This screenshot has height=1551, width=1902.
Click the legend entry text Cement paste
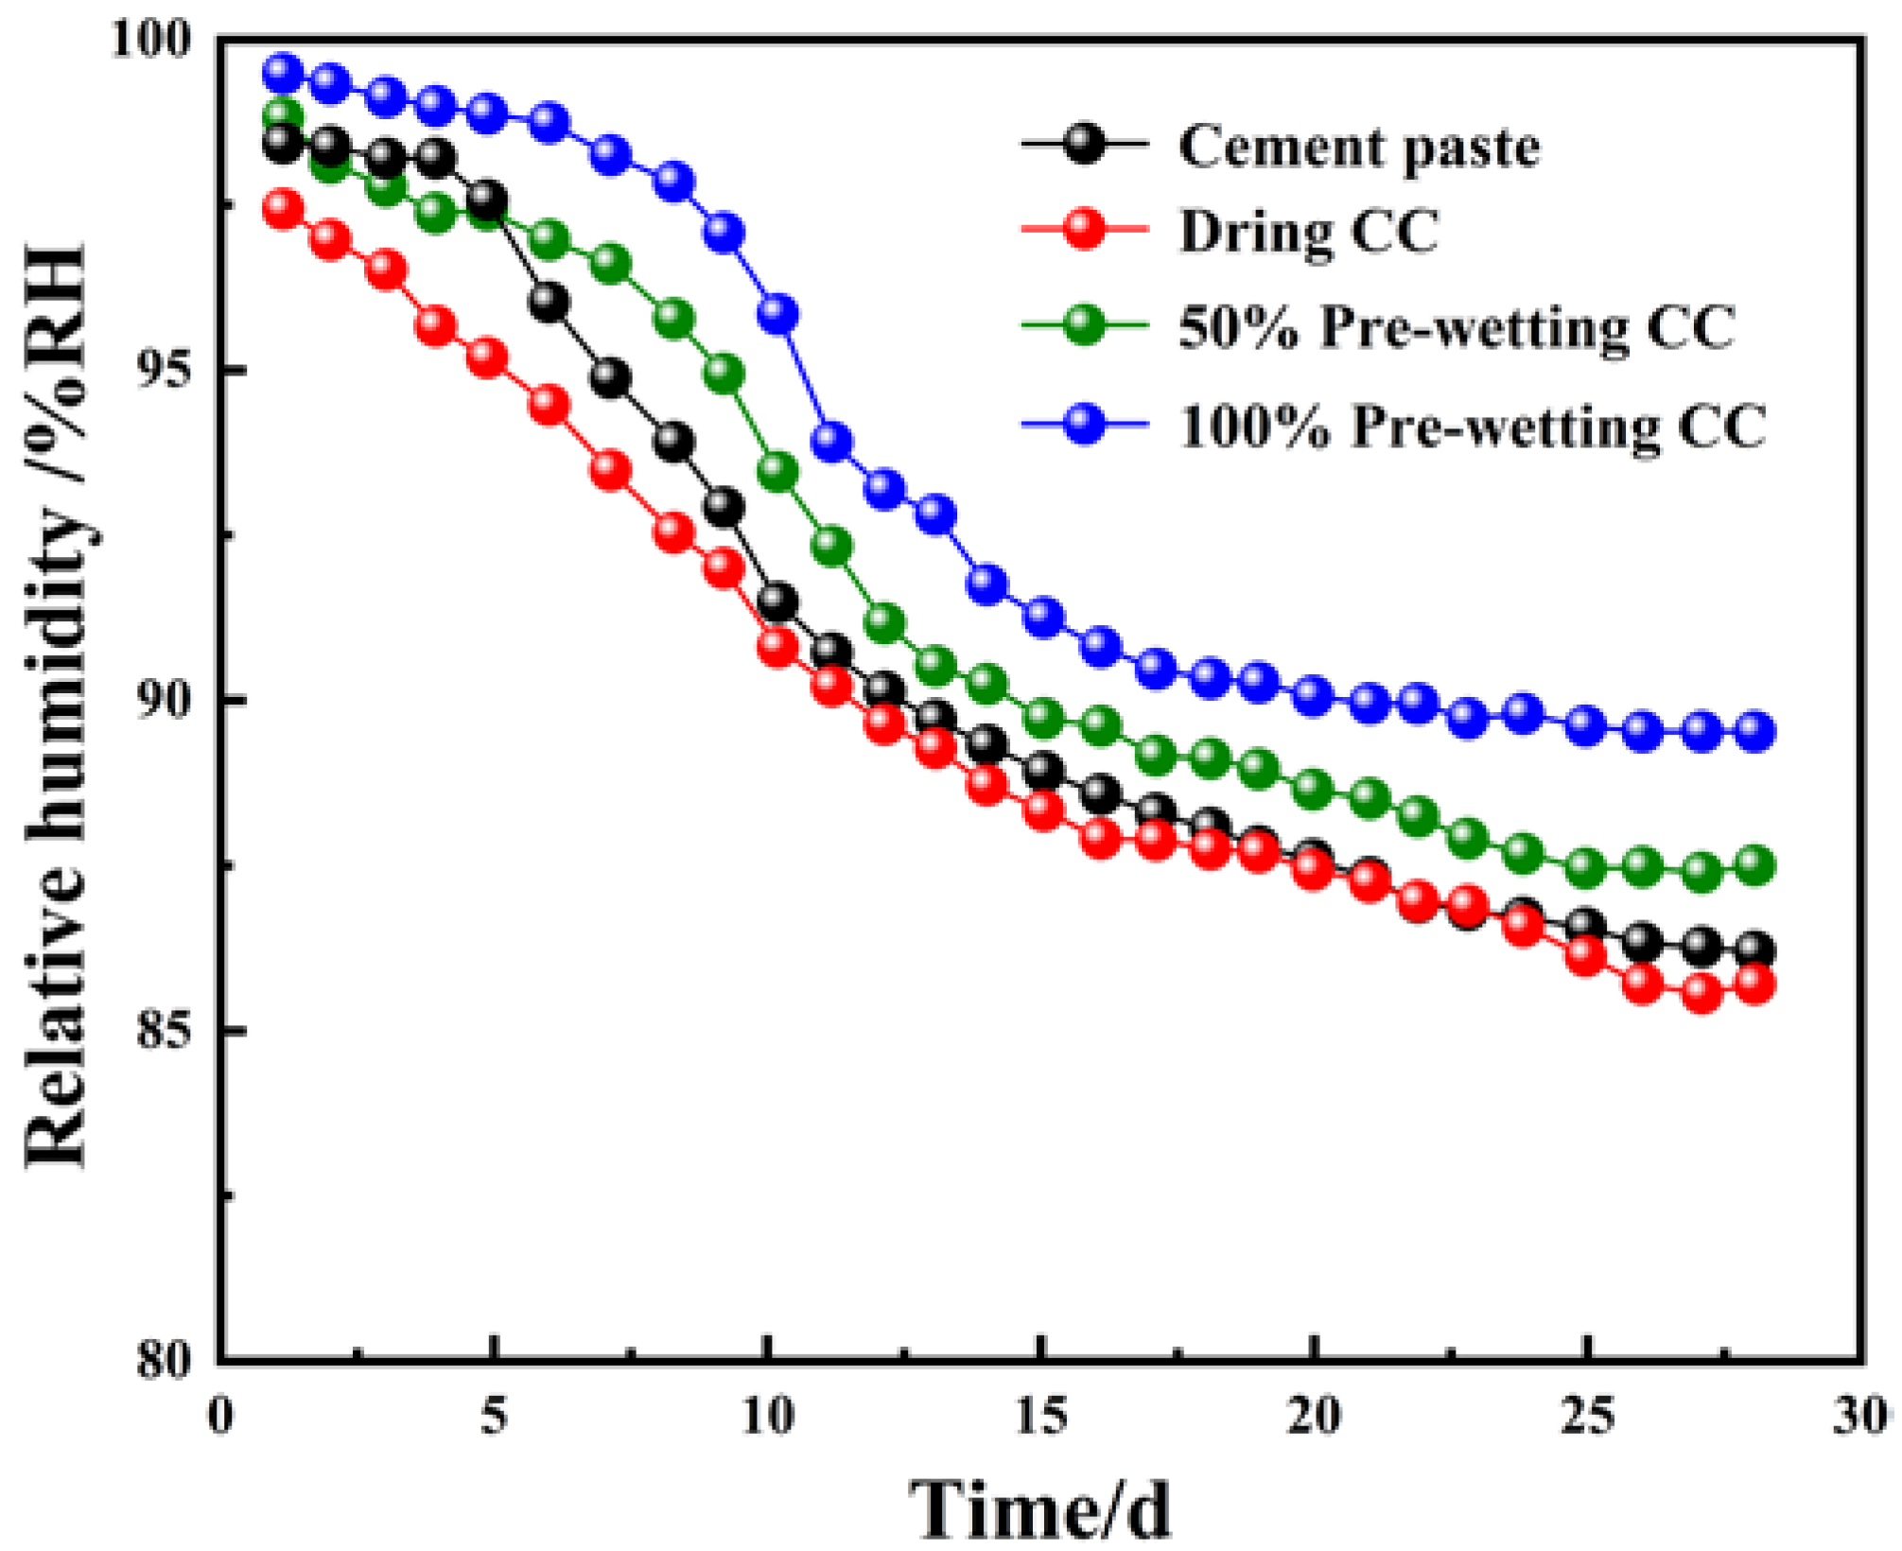(x=1358, y=148)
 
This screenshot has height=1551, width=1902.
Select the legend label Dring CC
(x=1308, y=231)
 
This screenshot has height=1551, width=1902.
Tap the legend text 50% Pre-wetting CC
(x=1457, y=328)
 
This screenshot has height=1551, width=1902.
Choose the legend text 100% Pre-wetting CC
(x=1472, y=427)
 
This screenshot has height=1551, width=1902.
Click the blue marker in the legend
(x=1084, y=423)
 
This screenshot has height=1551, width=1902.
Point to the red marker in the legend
(x=1084, y=229)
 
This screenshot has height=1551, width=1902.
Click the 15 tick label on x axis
(x=1041, y=1418)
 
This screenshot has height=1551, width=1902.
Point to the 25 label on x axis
(x=1588, y=1418)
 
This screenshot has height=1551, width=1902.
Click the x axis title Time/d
(x=1040, y=1509)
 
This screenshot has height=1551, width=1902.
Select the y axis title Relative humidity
(x=57, y=705)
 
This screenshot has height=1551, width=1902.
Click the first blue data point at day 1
(x=283, y=72)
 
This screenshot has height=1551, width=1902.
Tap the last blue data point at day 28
(x=1755, y=731)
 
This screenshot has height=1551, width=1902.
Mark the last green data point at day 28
(x=1755, y=865)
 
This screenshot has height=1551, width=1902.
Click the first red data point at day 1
(x=283, y=208)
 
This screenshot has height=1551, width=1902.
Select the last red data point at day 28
(x=1755, y=985)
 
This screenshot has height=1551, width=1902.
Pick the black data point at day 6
(x=550, y=303)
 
